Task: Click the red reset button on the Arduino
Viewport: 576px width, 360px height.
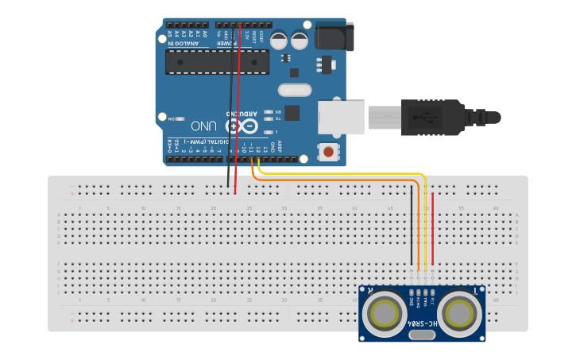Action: (328, 150)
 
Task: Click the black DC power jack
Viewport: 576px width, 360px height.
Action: (334, 36)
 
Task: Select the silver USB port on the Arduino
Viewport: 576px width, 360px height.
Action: (341, 118)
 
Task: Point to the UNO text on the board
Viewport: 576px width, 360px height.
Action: (203, 126)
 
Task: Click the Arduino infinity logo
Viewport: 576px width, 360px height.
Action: (242, 126)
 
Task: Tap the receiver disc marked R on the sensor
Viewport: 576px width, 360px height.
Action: (385, 312)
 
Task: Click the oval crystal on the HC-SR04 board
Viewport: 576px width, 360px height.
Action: (422, 335)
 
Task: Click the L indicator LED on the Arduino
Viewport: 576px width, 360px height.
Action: (269, 132)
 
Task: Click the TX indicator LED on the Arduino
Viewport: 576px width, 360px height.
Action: (269, 119)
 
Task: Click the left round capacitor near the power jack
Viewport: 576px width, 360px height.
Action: (280, 40)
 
